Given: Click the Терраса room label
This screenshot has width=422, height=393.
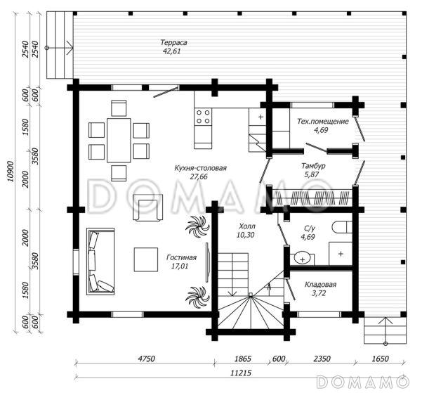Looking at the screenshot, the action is click(173, 43).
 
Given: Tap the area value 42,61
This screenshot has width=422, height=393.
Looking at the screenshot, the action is click(171, 51).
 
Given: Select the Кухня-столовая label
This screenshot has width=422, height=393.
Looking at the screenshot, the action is click(200, 168).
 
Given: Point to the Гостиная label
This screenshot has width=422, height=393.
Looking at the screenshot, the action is click(181, 257).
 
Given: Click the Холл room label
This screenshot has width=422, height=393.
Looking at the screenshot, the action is click(246, 226).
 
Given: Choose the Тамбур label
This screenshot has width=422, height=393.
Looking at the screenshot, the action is click(313, 166).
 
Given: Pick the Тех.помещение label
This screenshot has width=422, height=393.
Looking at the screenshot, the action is click(323, 122).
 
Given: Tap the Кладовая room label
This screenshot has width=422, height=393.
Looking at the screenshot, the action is click(320, 284).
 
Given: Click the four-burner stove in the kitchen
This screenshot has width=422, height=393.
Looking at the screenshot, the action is click(203, 117).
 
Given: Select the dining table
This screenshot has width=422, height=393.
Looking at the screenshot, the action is click(119, 140).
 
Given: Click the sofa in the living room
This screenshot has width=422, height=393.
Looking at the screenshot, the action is click(100, 262).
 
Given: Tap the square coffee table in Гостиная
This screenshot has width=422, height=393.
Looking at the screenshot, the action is click(146, 259).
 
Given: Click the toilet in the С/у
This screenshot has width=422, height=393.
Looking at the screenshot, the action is click(342, 227).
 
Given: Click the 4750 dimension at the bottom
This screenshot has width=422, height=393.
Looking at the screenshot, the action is click(146, 359).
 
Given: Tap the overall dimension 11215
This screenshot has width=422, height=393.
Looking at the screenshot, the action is click(241, 373).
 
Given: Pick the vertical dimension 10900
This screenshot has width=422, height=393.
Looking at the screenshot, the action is click(11, 171).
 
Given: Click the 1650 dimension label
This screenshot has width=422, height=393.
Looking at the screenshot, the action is click(381, 359).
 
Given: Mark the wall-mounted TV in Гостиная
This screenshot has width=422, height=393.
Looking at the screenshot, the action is click(207, 262).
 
